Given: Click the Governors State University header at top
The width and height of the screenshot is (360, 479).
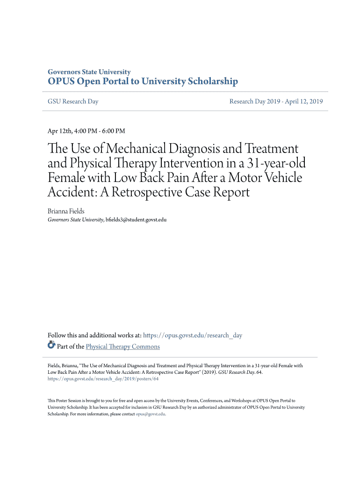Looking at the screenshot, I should coord(89,72).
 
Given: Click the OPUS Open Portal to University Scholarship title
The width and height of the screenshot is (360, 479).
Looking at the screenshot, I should coord(143,82).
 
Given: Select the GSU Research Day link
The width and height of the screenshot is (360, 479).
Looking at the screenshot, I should coord(73,102).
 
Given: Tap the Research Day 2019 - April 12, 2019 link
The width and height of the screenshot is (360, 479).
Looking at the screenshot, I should coord(276,102).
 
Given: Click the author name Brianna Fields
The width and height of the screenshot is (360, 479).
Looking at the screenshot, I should coord(66,211).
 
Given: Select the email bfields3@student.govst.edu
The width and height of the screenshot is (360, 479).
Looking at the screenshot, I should coord(136,219).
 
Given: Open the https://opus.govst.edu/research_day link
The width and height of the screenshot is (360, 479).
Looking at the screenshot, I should coord(193,335).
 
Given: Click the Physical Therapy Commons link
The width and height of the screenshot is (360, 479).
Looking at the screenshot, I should coord(122,347).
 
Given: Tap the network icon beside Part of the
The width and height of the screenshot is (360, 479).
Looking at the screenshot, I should coord(51,346).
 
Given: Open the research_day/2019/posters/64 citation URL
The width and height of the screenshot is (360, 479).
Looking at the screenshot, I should coord(103,379).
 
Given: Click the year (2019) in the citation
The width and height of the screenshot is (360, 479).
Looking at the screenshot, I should coord(208,373).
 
